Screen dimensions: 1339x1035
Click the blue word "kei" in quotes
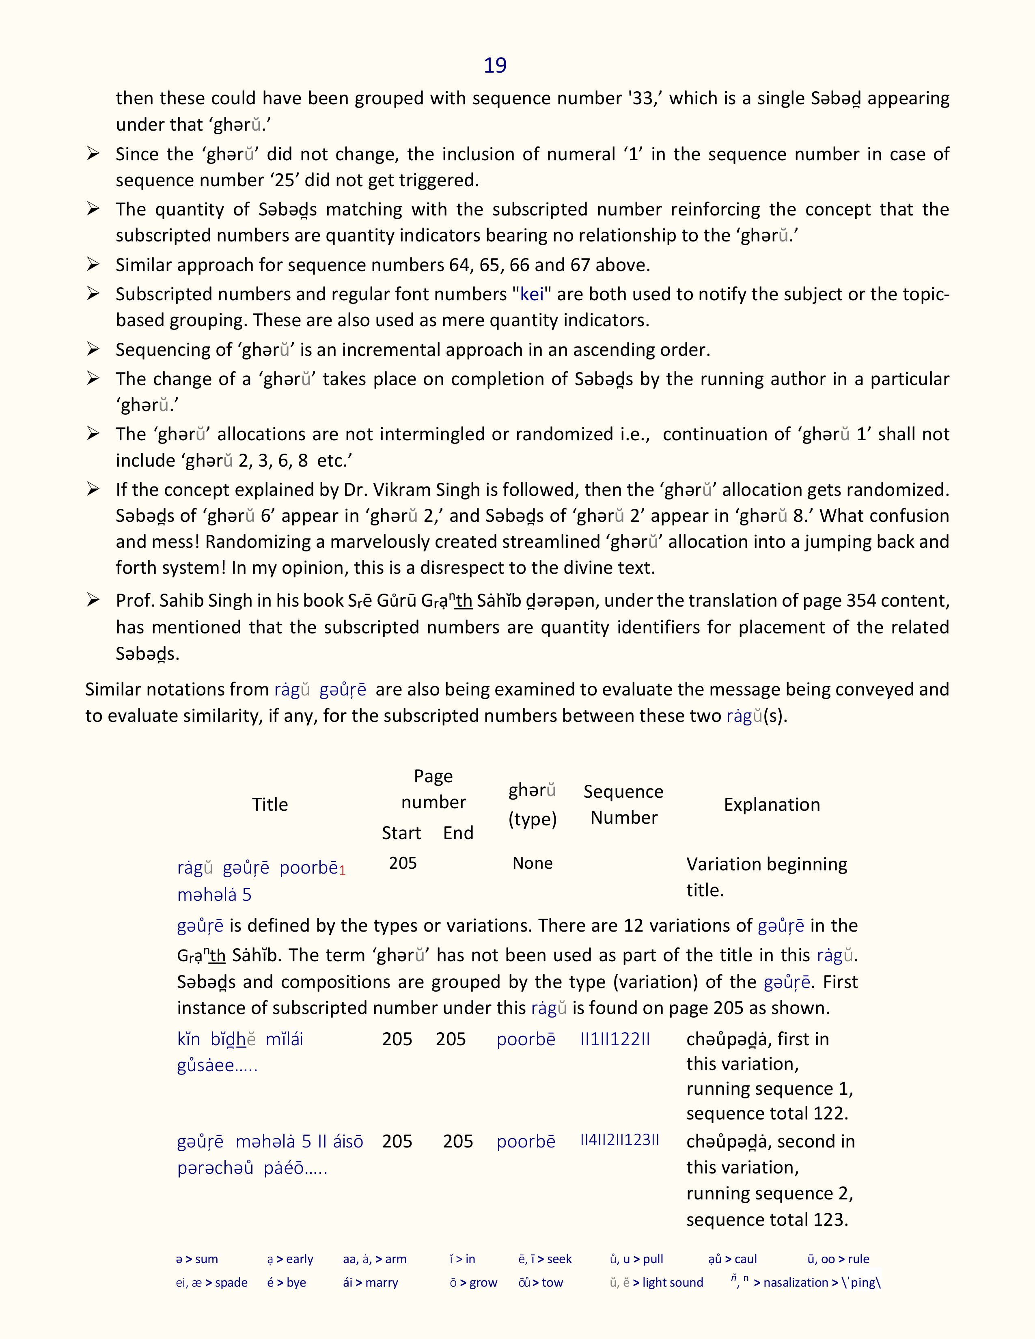[532, 294]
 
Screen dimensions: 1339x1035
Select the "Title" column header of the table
[270, 804]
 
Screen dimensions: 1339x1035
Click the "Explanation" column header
[771, 804]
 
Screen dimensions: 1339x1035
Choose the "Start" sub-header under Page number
[401, 833]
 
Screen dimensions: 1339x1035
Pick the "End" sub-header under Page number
[458, 833]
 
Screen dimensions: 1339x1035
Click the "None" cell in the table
[532, 863]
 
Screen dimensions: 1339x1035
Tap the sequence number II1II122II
[615, 1039]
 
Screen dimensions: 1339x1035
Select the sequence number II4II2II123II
[619, 1140]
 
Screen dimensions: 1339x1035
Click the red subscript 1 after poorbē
[343, 871]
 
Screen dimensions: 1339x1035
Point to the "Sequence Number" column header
[623, 804]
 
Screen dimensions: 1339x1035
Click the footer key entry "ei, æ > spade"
[211, 1283]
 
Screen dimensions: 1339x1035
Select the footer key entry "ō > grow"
[473, 1283]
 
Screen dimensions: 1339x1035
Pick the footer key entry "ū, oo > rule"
[838, 1259]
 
